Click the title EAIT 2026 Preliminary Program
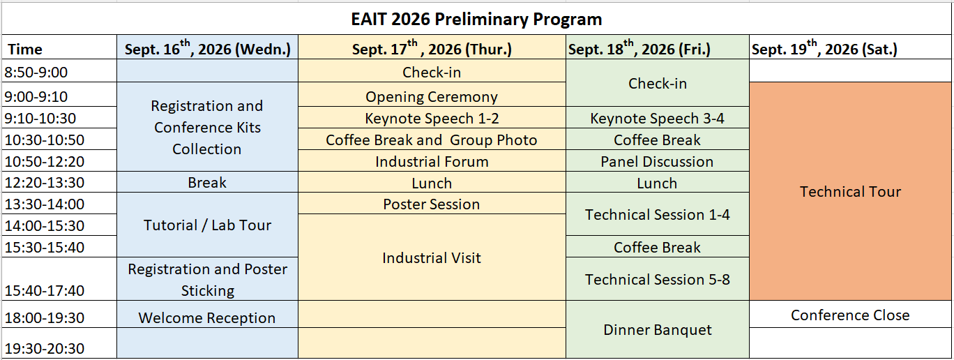[476, 19]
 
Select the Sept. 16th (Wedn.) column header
[207, 47]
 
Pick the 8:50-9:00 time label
[36, 73]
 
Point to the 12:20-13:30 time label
[45, 182]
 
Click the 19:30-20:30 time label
[45, 349]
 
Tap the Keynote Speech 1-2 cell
[432, 118]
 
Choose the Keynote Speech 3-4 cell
[658, 118]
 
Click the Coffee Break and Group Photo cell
[432, 139]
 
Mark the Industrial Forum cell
[432, 160]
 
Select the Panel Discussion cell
[658, 160]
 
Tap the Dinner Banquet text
[658, 330]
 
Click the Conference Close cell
[850, 315]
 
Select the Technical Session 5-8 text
[658, 280]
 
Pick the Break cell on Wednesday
[207, 182]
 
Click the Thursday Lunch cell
[432, 182]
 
